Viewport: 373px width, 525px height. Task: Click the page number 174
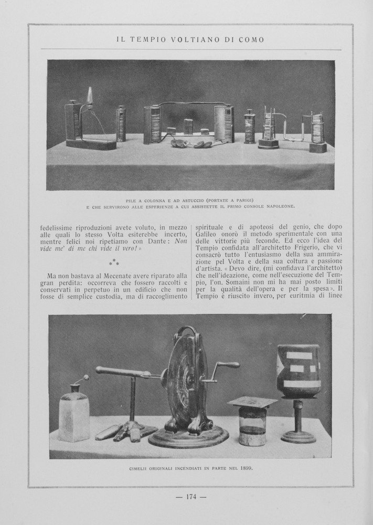(191, 497)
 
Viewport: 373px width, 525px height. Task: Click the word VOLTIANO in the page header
(191, 39)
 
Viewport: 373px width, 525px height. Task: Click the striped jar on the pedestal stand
(298, 370)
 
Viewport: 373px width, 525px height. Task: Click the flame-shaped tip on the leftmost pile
(90, 96)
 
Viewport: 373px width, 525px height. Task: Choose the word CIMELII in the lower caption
(141, 468)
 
